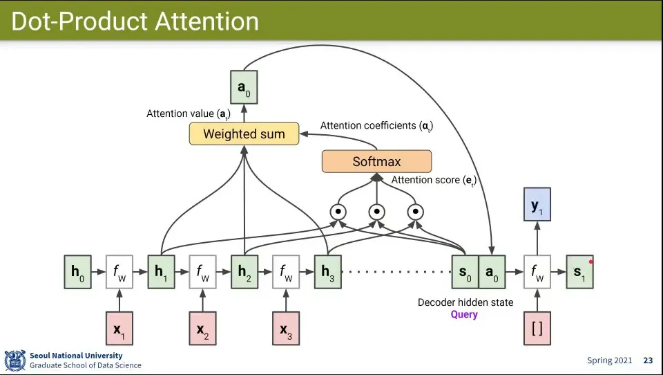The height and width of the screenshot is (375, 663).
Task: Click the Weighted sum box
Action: (244, 134)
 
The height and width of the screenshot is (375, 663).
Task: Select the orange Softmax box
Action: (376, 161)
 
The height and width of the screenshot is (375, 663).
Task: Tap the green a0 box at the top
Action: (243, 87)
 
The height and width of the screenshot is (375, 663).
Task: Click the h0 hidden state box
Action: (77, 272)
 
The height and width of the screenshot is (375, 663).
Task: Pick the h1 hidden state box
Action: (161, 272)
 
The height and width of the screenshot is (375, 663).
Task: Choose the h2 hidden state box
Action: (244, 272)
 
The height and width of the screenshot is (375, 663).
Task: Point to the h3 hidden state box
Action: (327, 272)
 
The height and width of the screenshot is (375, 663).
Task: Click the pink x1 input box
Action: (119, 329)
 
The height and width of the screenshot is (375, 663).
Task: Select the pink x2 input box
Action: (202, 329)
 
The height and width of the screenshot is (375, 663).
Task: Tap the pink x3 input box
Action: (285, 329)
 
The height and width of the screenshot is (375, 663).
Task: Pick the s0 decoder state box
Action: (465, 272)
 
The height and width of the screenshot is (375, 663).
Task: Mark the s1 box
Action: (579, 272)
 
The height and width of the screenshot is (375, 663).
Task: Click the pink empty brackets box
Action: (537, 329)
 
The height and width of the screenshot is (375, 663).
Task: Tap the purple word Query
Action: (464, 315)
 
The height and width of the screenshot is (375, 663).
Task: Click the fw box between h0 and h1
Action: (119, 272)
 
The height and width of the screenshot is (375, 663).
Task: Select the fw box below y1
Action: (537, 272)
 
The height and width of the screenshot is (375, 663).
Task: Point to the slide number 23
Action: (648, 360)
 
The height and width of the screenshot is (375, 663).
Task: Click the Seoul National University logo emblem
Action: (15, 360)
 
